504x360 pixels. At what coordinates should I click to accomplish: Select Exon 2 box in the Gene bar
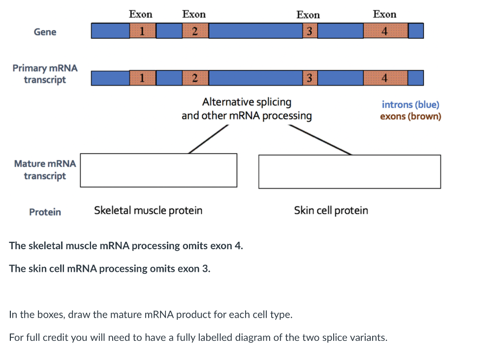(195, 31)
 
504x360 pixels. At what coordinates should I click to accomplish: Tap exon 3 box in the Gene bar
(309, 31)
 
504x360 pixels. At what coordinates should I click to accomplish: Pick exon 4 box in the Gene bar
(385, 31)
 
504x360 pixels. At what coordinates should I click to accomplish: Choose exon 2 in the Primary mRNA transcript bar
(195, 78)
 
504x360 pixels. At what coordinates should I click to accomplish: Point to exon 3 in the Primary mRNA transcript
(309, 78)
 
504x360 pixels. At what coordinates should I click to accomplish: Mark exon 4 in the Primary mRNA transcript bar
(385, 78)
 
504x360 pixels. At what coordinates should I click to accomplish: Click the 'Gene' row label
(45, 32)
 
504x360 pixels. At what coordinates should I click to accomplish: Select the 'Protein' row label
(45, 212)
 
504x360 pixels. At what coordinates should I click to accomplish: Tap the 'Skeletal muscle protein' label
(148, 211)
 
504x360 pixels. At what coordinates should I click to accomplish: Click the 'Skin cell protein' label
(331, 211)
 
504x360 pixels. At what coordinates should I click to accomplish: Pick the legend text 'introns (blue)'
(410, 104)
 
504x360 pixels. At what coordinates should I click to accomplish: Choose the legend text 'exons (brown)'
(410, 117)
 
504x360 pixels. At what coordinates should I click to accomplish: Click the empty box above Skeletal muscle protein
(158, 170)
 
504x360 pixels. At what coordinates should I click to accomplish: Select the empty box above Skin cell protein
(349, 171)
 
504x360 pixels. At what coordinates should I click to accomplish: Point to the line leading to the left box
(208, 139)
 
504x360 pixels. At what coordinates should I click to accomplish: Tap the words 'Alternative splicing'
(247, 102)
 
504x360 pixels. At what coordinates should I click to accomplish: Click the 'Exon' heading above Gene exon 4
(384, 14)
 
